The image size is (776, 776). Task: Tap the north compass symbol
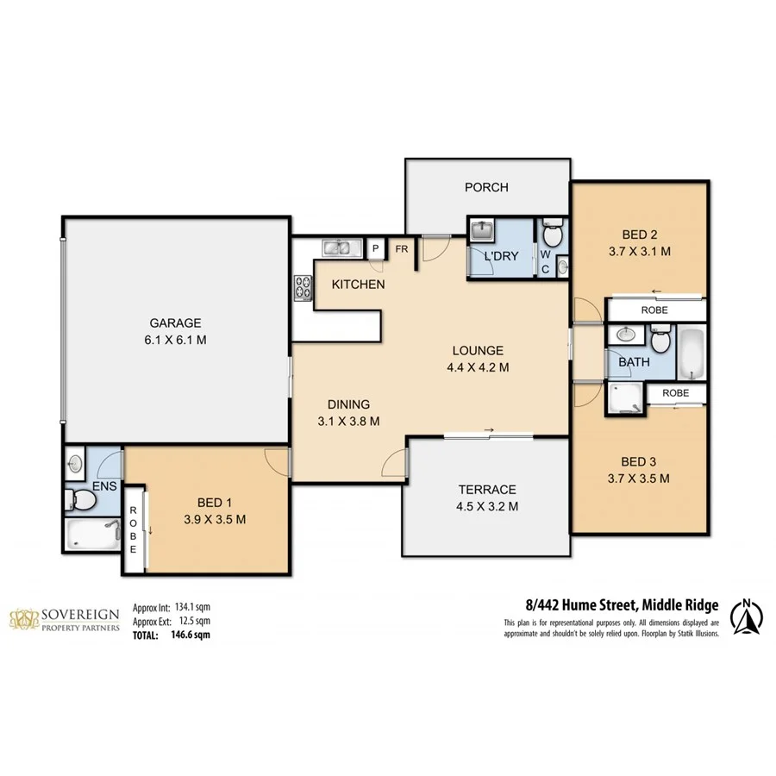coord(747,616)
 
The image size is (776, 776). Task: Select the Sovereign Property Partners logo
coord(64,619)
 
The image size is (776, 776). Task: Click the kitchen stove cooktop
coord(303,286)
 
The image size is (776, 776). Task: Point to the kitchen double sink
coord(341,248)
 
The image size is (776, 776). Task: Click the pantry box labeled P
coord(375,248)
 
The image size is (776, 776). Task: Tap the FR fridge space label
coord(401,248)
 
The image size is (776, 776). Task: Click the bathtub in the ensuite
coord(91,534)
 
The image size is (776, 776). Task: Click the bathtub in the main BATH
coord(692,352)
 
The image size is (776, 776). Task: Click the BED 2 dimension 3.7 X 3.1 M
coord(640,251)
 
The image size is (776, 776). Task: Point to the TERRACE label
coord(487,489)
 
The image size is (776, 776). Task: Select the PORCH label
coord(486,187)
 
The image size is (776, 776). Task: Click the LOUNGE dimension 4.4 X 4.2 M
coord(477,366)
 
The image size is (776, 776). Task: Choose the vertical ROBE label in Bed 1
coord(134,527)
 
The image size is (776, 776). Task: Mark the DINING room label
coord(347,404)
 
